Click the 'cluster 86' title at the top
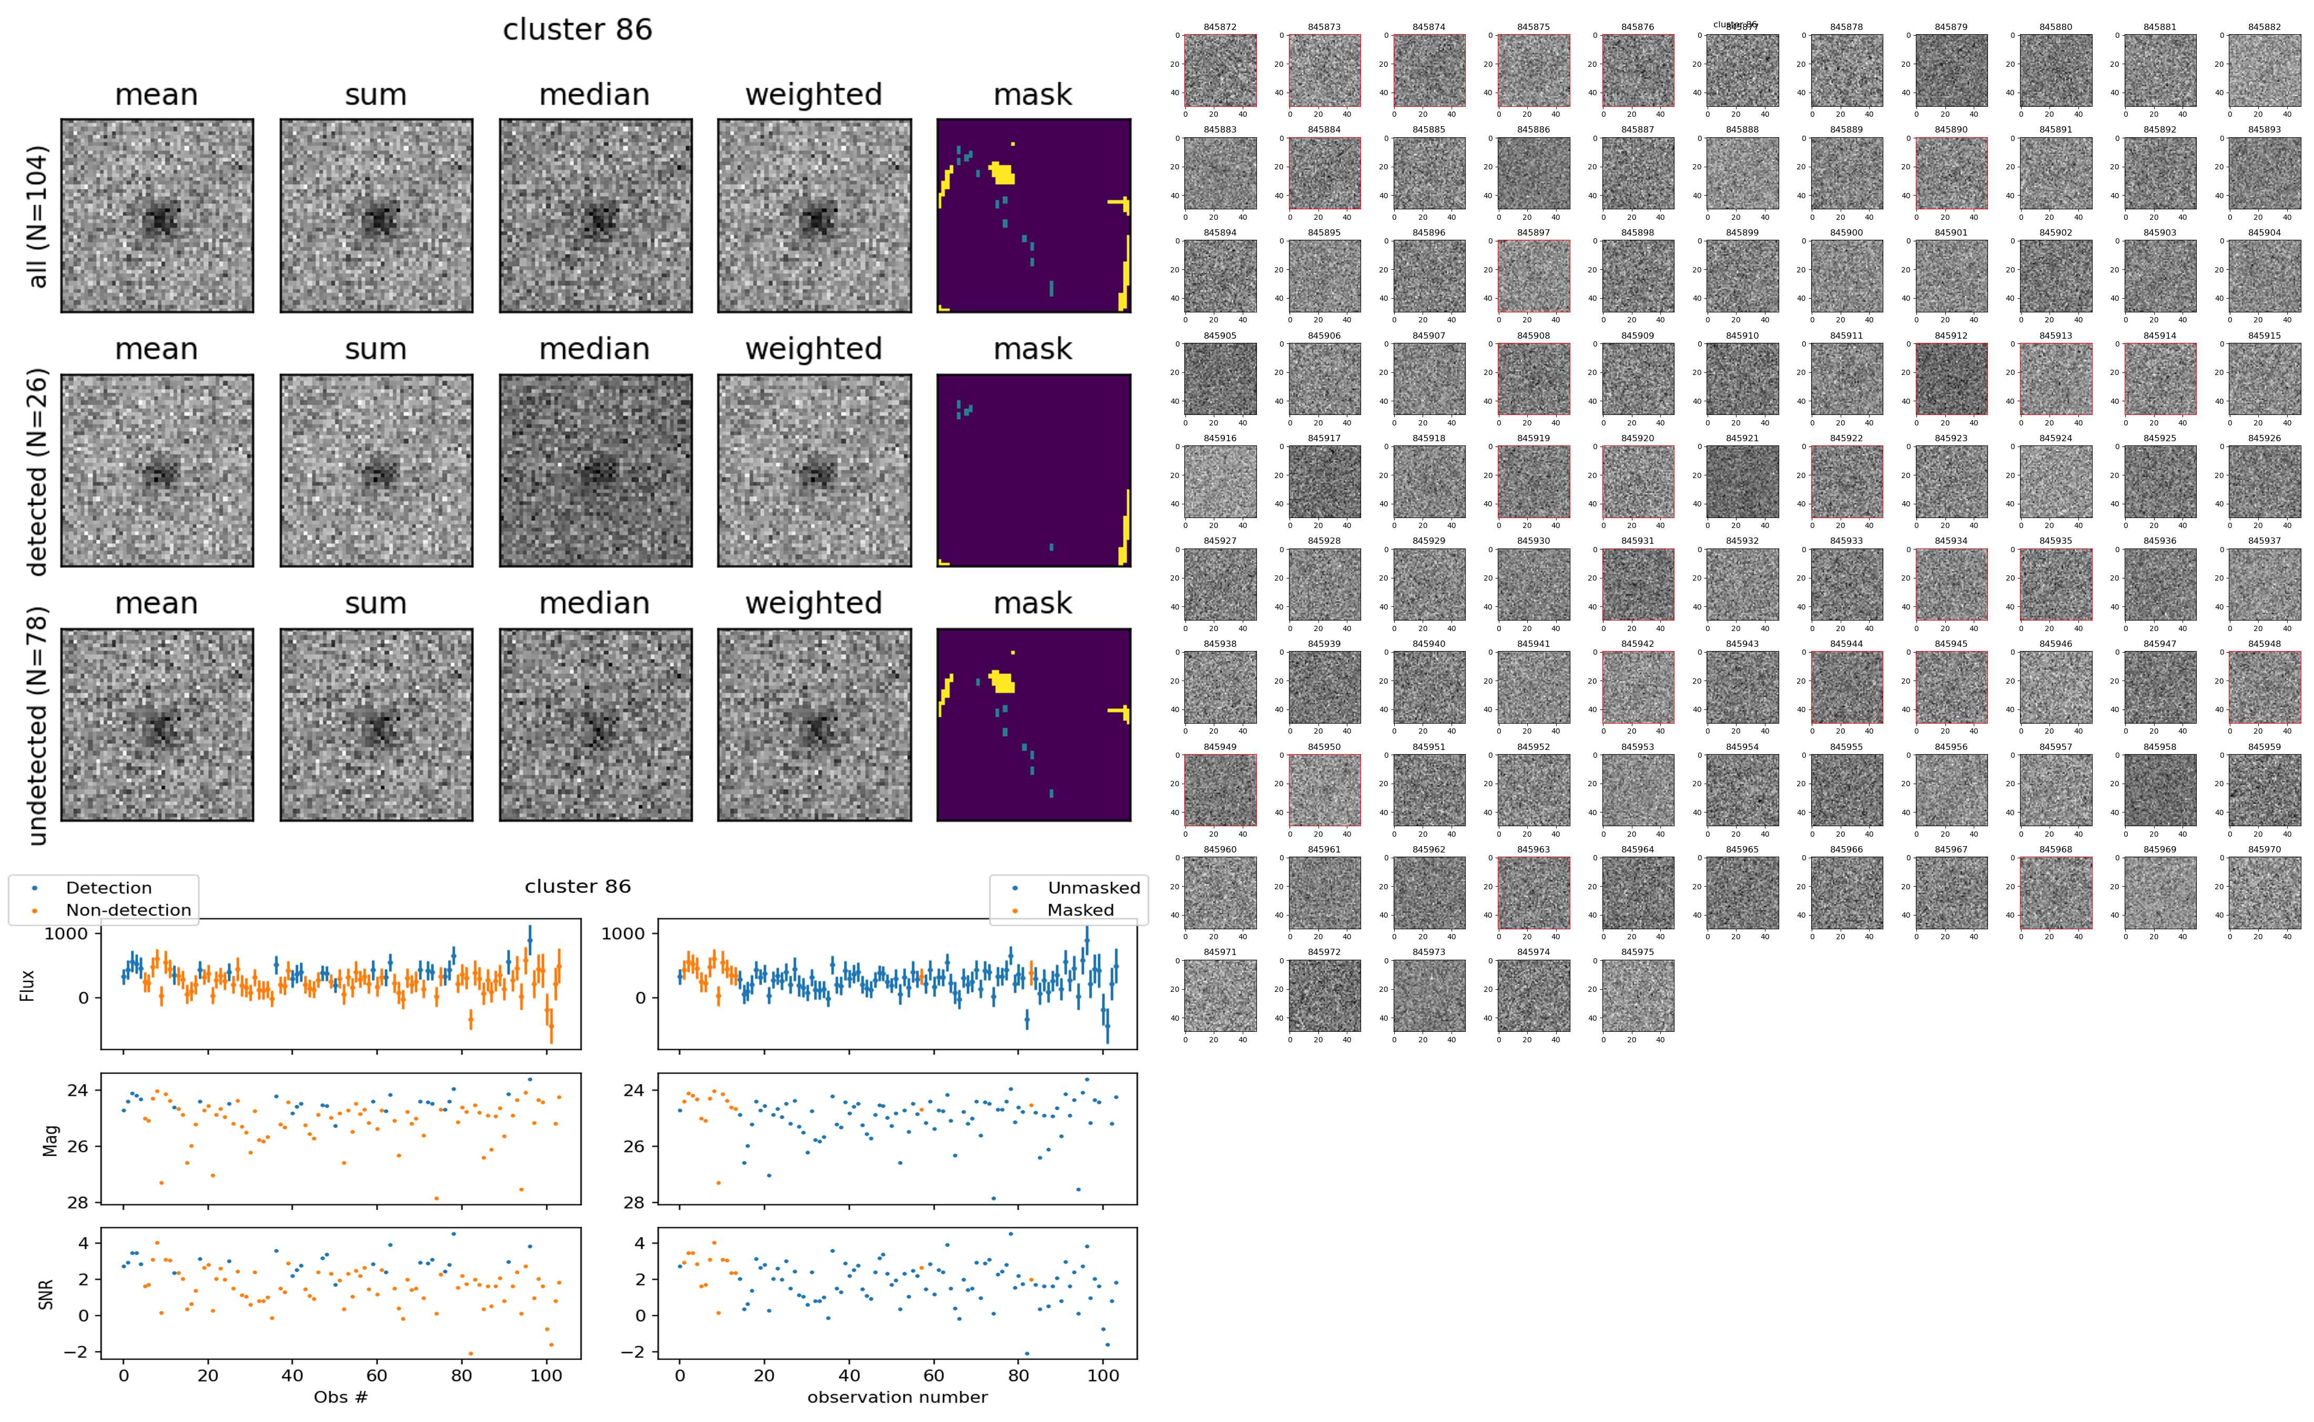coord(577,30)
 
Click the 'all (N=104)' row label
coord(38,216)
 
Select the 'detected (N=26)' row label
coord(38,471)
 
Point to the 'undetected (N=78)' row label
coord(38,725)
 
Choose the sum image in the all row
coord(376,216)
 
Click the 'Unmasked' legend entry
coord(1093,888)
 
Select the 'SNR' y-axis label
coord(45,1294)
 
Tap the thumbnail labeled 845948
coord(2264,687)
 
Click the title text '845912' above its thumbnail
coord(1951,336)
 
